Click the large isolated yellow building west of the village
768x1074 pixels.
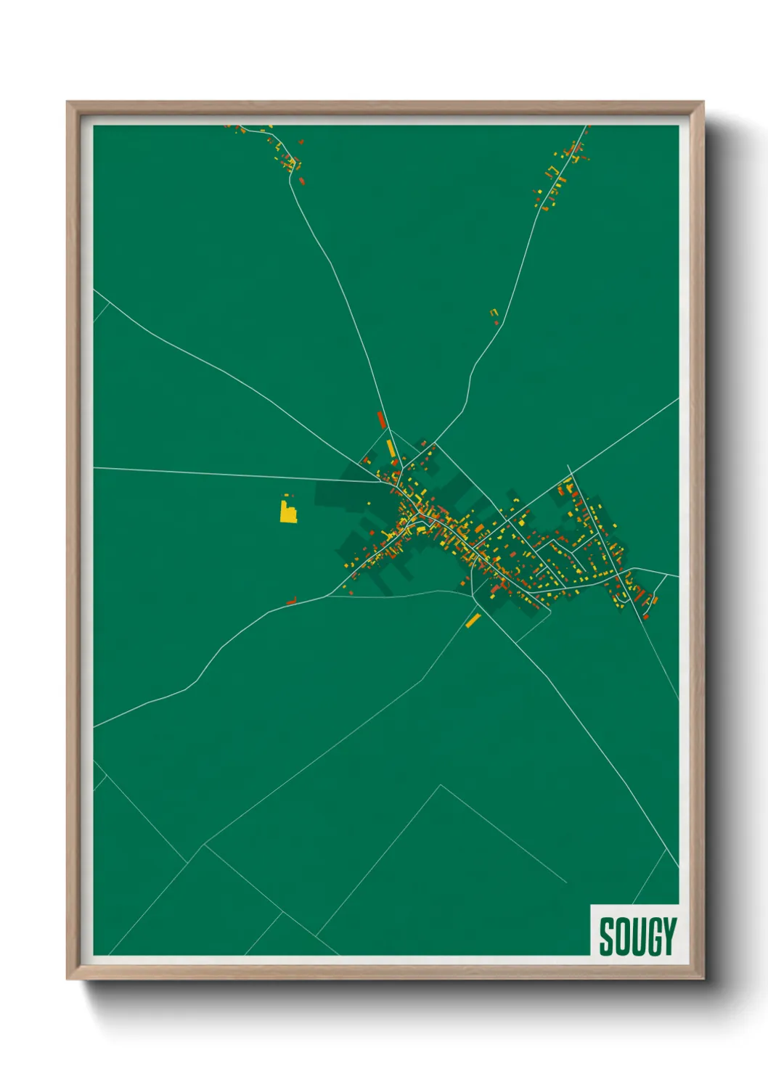289,512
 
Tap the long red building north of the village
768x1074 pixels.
380,419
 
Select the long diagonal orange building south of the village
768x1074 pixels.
473,620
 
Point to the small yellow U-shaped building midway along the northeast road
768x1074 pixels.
494,313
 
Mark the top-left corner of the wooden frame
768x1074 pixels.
68,102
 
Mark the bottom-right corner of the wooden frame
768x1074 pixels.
703,979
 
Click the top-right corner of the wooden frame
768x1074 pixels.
703,102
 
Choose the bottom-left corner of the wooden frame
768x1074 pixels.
68,979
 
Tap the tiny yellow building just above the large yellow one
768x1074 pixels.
285,497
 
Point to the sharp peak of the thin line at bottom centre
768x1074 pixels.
440,784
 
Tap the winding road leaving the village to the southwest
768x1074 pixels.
218,653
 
